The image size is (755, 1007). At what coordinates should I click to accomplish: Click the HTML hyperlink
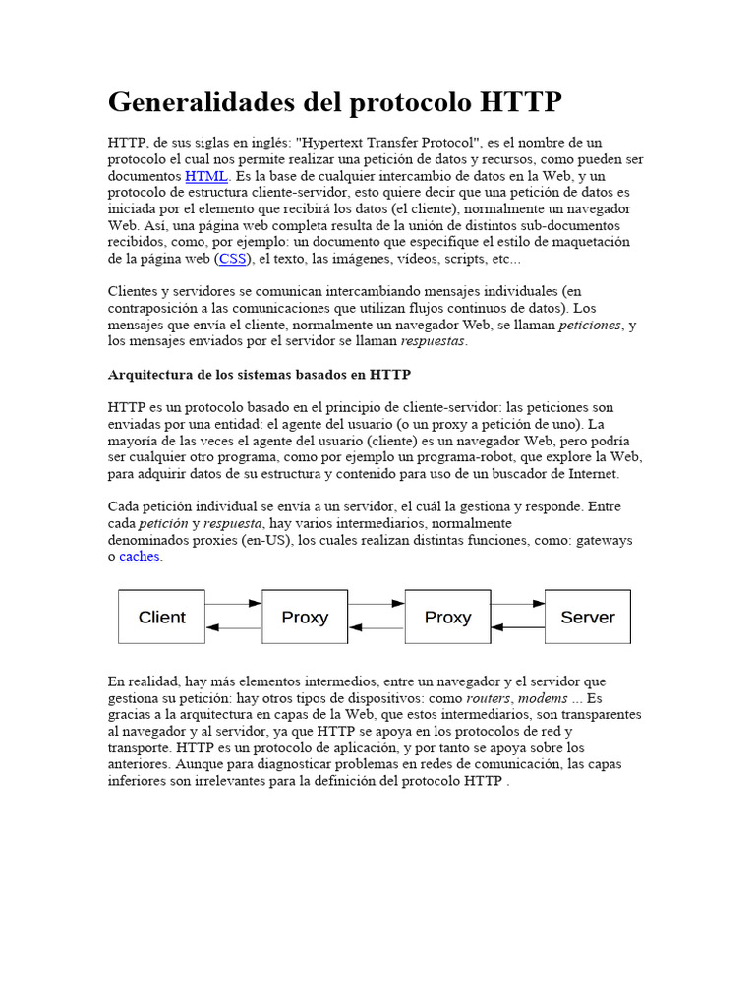click(x=205, y=176)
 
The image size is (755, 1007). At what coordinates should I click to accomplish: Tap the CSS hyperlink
click(x=233, y=259)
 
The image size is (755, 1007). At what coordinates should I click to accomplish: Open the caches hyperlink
click(x=140, y=557)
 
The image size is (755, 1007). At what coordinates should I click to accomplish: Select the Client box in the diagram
click(x=162, y=618)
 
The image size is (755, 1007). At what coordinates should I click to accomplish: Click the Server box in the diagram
click(x=587, y=618)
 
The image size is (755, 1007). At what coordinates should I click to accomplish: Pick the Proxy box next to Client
click(x=305, y=618)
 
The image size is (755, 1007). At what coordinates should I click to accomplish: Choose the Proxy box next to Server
click(x=447, y=618)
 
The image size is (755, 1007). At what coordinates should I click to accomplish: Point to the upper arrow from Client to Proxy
click(x=234, y=603)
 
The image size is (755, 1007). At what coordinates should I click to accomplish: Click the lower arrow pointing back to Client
click(x=234, y=627)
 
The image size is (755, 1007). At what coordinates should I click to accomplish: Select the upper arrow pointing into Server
click(x=518, y=603)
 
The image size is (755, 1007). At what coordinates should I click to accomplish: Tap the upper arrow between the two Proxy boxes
click(x=377, y=603)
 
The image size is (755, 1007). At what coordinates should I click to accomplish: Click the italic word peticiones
click(x=590, y=325)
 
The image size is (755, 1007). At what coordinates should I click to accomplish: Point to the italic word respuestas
click(x=434, y=341)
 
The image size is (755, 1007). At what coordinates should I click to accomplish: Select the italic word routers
click(x=488, y=697)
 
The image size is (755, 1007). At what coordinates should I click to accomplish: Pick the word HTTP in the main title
click(x=522, y=102)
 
